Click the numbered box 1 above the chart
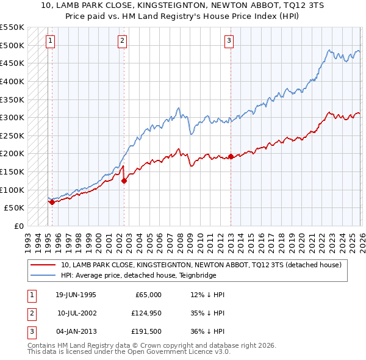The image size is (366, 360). click(50, 41)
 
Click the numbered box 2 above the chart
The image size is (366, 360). click(122, 41)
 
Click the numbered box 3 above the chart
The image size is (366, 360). click(229, 41)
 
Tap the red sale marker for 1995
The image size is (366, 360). click(52, 202)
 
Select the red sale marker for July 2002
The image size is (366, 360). click(124, 180)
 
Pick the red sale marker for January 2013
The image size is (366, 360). click(231, 156)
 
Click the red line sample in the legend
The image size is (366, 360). click(44, 265)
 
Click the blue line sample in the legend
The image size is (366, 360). click(44, 275)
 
